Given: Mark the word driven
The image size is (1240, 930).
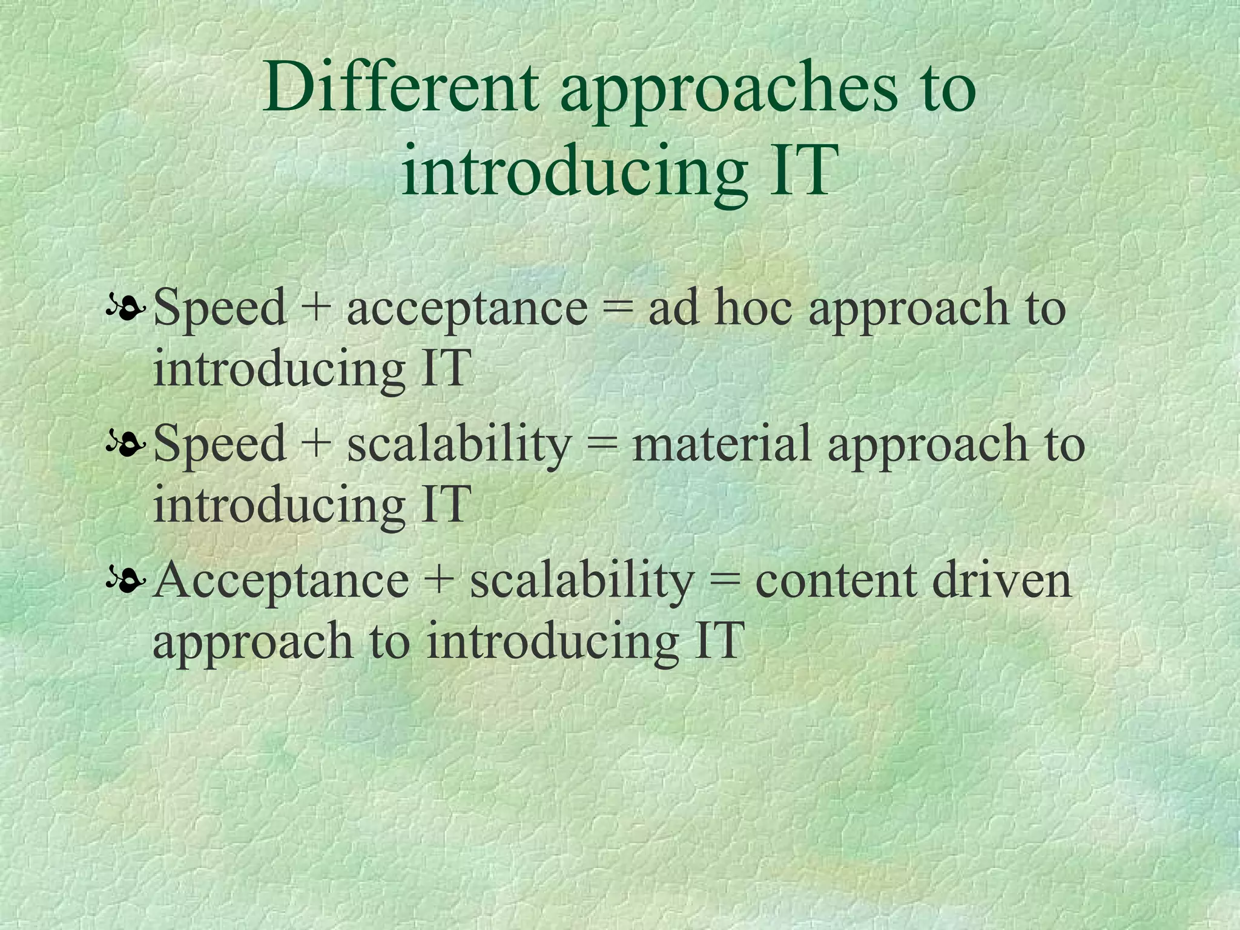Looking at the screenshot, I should coord(1001,580).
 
